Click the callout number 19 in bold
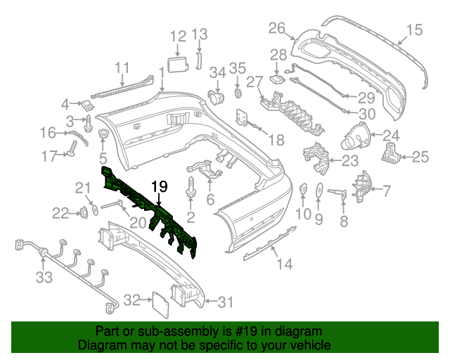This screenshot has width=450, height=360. [x=160, y=187]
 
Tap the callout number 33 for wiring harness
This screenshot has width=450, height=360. [x=44, y=278]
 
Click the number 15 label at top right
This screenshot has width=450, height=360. [x=414, y=29]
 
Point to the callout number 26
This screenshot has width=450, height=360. [x=276, y=28]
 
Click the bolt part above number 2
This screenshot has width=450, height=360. [x=191, y=186]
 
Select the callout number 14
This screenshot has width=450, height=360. [x=283, y=264]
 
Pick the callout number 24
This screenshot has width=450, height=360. [x=391, y=136]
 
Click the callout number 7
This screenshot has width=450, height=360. [x=386, y=189]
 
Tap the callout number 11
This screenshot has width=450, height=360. [x=123, y=68]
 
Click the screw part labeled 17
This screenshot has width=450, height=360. [x=73, y=149]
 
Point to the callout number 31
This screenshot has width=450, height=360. [x=224, y=302]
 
